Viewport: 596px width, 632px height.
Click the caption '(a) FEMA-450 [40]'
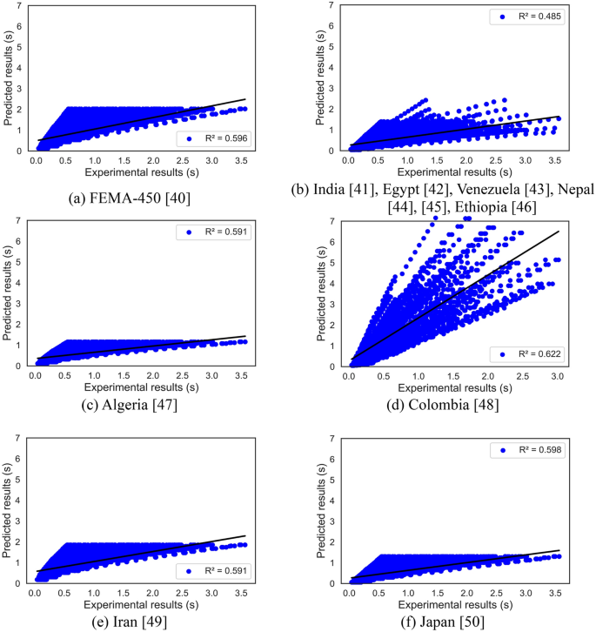143,198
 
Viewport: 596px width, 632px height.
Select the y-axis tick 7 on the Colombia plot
331,221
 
